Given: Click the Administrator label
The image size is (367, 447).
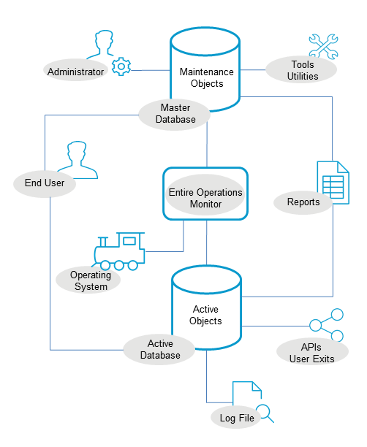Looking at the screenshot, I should click(x=76, y=72).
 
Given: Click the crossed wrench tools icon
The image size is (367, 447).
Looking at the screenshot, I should click(x=322, y=45).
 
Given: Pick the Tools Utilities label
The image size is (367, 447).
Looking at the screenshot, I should click(x=302, y=70).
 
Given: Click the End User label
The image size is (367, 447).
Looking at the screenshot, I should click(x=45, y=184).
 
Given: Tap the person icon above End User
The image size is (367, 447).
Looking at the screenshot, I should click(x=78, y=161).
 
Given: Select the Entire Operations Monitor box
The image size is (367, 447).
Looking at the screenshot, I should click(x=205, y=194).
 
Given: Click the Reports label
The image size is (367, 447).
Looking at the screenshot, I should click(x=303, y=202).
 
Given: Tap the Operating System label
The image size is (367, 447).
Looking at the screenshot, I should click(x=90, y=281).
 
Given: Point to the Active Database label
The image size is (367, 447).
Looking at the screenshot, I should click(x=160, y=350).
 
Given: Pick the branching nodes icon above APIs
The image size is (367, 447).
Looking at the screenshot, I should click(x=326, y=326).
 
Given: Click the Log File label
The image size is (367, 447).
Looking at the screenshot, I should click(x=236, y=419).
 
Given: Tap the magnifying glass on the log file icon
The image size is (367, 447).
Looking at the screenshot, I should click(x=265, y=413).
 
